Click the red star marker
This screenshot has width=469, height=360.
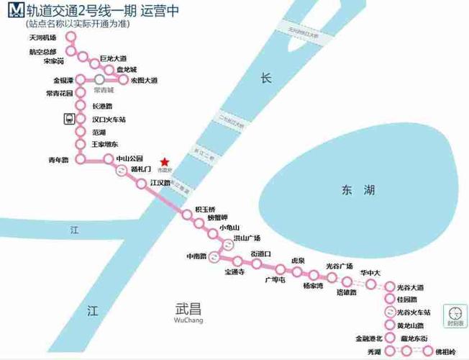[x=165, y=161]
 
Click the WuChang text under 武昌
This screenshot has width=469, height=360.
[x=189, y=320]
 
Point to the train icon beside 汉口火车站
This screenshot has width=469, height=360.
[x=69, y=119]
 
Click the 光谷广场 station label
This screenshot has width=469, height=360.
[x=340, y=266]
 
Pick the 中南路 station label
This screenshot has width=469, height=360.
[x=196, y=256]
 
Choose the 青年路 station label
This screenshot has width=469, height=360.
[x=58, y=160]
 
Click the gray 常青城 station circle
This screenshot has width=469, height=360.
[x=99, y=78]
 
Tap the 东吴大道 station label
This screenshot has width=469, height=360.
[x=144, y=80]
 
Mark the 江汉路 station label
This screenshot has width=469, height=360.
[x=160, y=183]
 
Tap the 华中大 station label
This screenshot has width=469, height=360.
[x=370, y=273]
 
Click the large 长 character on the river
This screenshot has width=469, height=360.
[x=266, y=79]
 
